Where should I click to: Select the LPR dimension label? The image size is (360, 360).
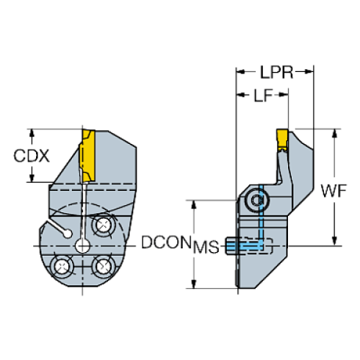pos(276,72)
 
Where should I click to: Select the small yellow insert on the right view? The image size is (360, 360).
pos(281,139)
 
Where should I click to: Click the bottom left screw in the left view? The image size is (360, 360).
pos(60,265)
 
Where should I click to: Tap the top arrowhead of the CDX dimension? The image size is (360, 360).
pos(31,132)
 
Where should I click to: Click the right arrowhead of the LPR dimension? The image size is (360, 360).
pos(312,72)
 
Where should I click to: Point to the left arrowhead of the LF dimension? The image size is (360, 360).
pos(238,94)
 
